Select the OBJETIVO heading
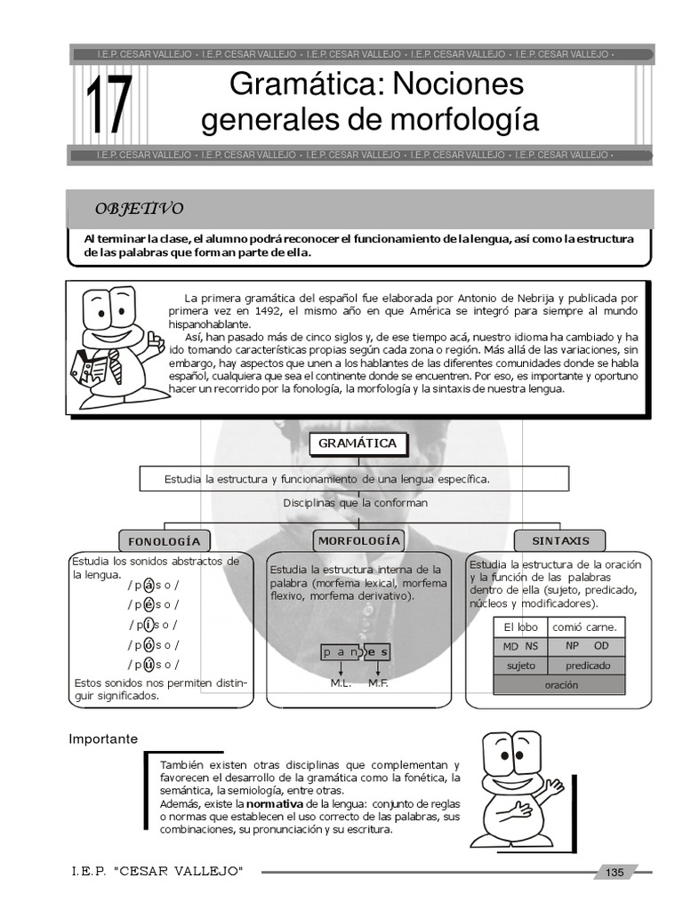click(140, 209)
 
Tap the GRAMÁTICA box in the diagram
click(358, 443)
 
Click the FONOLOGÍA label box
click(164, 540)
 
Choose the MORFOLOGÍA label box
click(358, 539)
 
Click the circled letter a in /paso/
click(149, 584)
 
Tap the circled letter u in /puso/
click(149, 664)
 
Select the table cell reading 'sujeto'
click(521, 666)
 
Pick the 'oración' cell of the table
click(560, 685)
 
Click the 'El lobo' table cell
click(521, 627)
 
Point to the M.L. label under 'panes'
click(341, 683)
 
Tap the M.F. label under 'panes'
click(378, 683)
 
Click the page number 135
click(615, 873)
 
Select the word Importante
click(103, 738)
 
